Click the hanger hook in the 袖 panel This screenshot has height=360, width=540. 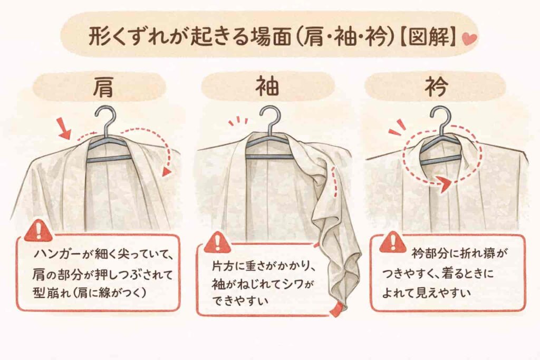269,119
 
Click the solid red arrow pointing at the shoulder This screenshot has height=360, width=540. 65,129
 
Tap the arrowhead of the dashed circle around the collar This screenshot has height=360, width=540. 443,184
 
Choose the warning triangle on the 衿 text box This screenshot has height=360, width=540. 393,242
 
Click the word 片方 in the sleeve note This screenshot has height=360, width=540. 223,267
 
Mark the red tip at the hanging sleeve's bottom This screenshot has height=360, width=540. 335,309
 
